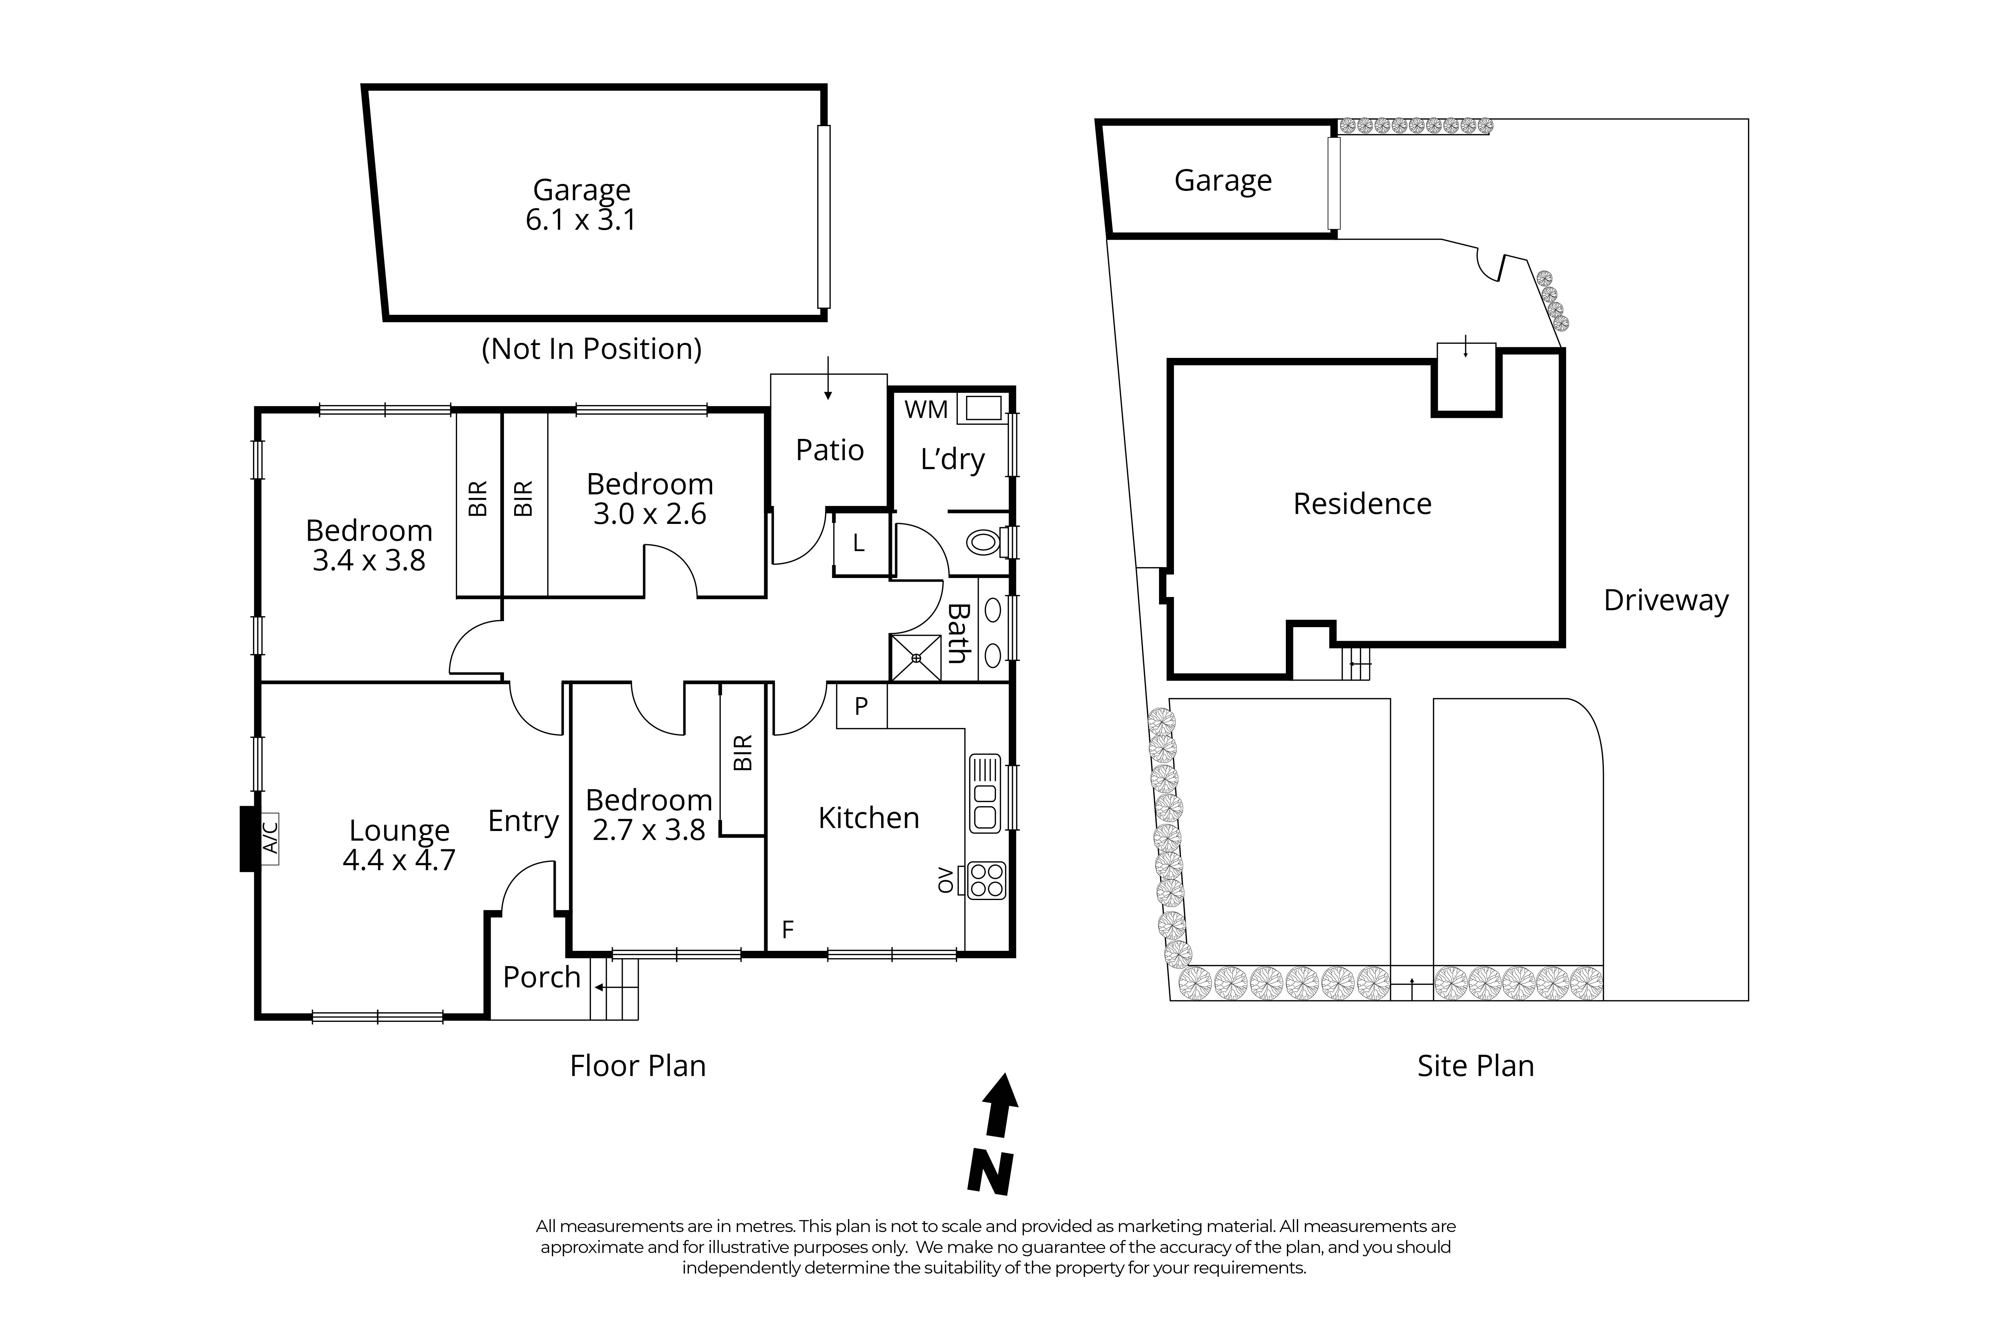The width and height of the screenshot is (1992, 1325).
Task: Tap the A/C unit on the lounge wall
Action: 270,838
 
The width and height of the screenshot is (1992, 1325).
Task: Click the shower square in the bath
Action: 916,657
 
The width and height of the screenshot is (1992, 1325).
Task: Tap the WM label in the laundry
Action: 926,410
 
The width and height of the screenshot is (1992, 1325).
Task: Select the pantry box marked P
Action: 861,705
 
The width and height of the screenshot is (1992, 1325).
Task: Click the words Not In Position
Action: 591,349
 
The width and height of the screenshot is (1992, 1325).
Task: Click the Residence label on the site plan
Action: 1362,504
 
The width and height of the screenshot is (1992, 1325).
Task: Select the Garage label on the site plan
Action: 1222,180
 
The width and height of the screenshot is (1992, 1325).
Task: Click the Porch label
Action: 541,977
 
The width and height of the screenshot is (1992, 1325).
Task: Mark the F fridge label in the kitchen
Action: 788,930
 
